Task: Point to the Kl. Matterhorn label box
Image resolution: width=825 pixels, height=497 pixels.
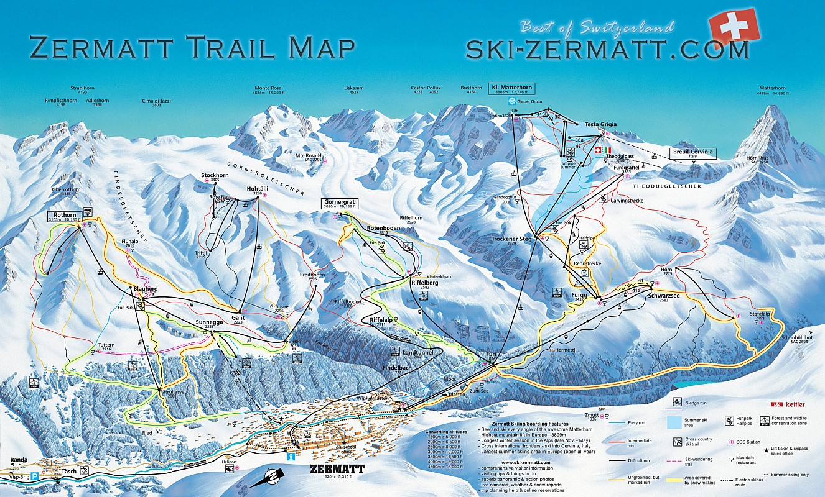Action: coord(512,89)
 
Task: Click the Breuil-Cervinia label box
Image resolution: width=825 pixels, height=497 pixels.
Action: coord(692,153)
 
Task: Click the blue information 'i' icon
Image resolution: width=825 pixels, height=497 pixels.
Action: coord(289,457)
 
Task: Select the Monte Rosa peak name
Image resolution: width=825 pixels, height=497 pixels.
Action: coord(267,88)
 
